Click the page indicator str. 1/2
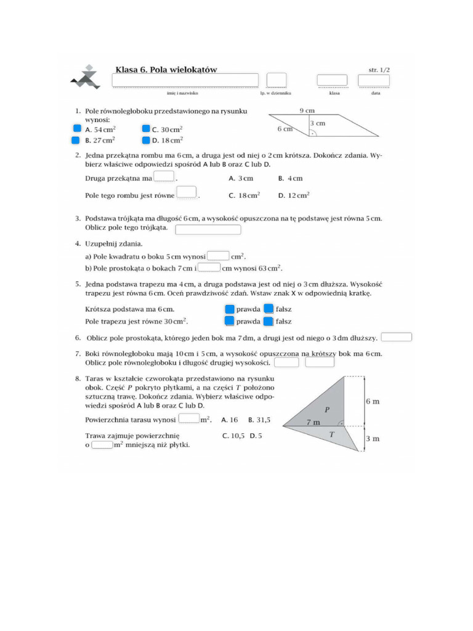tap(379, 70)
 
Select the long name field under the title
tap(185, 81)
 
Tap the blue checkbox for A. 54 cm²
tap(77, 129)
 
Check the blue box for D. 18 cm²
tap(146, 140)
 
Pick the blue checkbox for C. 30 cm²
tap(146, 129)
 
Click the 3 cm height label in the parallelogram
tap(318, 123)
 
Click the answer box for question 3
tap(208, 230)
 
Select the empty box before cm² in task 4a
tap(219, 256)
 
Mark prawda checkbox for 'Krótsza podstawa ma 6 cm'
tap(229, 309)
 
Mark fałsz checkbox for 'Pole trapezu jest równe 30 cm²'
tap(269, 321)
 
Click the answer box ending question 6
tap(397, 337)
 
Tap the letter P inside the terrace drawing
tap(327, 409)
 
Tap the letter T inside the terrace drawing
tap(331, 434)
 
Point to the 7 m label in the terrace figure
tap(313, 422)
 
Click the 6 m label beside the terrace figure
tap(372, 401)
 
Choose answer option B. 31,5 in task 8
tap(259, 420)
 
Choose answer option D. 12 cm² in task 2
tap(294, 195)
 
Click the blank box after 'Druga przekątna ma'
tap(164, 177)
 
